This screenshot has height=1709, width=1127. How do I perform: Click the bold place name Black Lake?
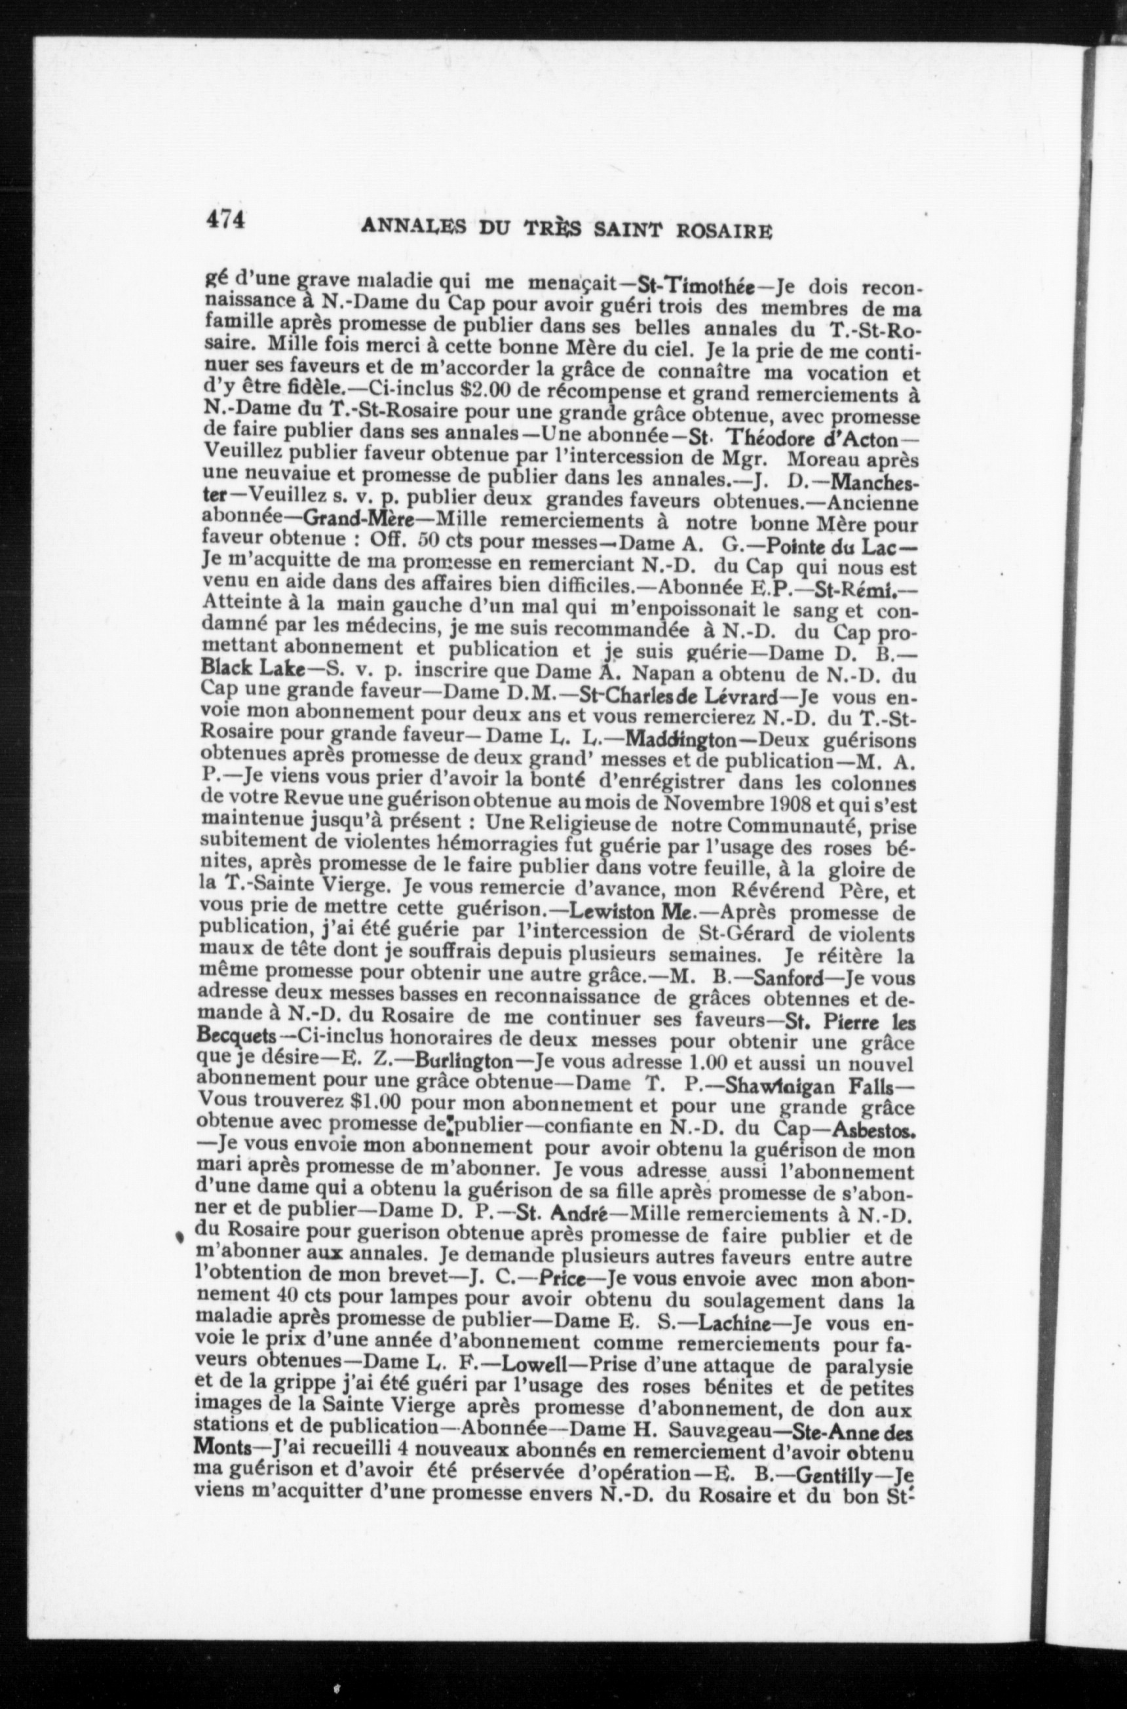[252, 668]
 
